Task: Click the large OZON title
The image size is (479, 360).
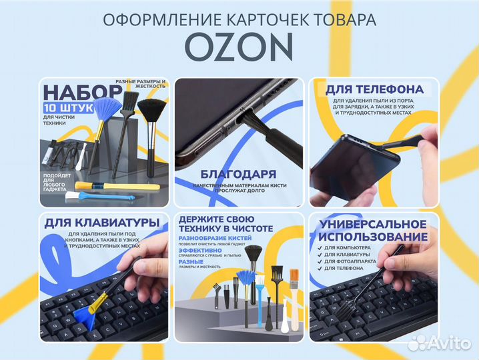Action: [239, 46]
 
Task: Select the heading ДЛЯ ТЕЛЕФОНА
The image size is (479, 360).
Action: [374, 89]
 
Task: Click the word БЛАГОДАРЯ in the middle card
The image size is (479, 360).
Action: [238, 172]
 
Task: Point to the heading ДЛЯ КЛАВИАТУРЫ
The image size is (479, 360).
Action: [101, 222]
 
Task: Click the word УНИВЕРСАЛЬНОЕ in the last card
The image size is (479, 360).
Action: [373, 224]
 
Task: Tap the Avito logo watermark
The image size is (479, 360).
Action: [441, 341]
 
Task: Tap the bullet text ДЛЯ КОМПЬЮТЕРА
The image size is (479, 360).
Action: [358, 247]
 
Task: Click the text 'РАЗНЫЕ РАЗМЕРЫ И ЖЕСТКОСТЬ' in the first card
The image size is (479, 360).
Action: [140, 83]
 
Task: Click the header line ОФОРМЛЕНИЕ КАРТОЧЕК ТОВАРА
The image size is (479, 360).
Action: [239, 19]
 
